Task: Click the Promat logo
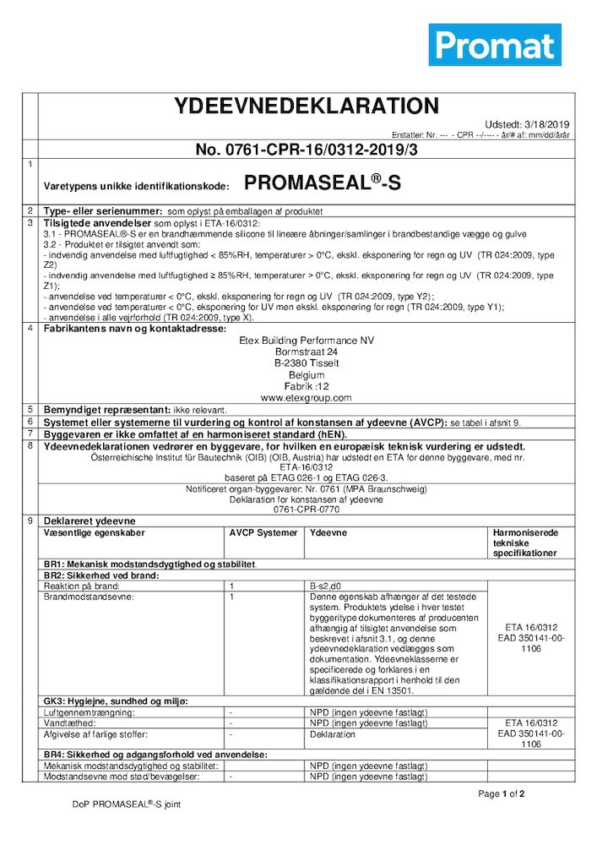point(494,45)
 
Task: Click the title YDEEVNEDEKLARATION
point(306,106)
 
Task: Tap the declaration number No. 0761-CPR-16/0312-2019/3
point(306,150)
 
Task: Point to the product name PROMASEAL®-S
point(322,183)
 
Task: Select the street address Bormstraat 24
point(306,352)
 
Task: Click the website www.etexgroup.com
point(306,397)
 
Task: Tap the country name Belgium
point(306,374)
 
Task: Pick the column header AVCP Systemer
point(263,533)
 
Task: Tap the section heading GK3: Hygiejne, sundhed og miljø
point(116,702)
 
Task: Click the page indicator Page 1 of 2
point(502,793)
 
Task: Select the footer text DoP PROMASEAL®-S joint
point(126,804)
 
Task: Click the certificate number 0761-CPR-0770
point(306,510)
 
